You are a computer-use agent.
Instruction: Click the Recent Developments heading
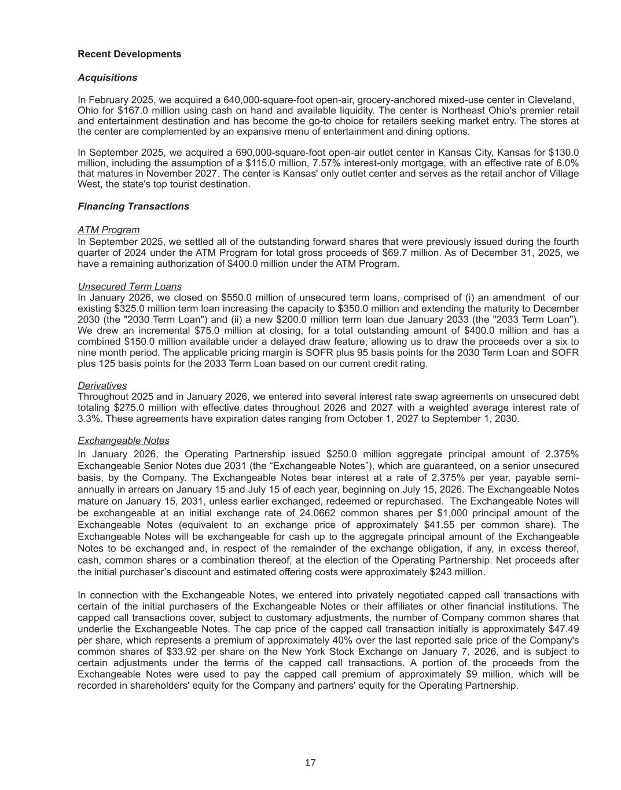[x=129, y=54]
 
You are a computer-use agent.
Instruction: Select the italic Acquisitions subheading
[x=107, y=78]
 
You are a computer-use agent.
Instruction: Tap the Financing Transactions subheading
[x=133, y=207]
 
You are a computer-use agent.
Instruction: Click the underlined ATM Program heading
[x=108, y=230]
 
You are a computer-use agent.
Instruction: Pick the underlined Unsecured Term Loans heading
[x=129, y=286]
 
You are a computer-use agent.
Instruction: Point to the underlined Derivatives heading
[x=102, y=385]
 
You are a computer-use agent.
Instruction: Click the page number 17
[x=310, y=763]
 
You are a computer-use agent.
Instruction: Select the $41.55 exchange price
[x=431, y=525]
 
